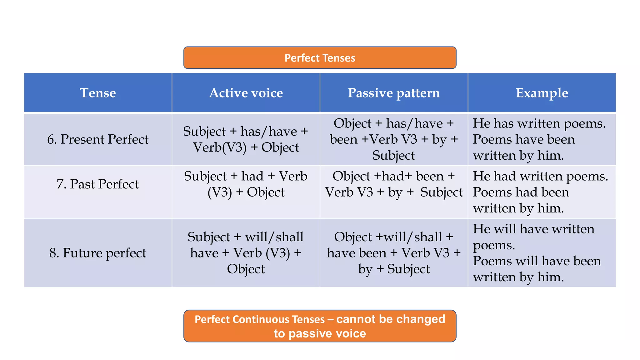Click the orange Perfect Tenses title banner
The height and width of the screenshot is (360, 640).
pyautogui.click(x=320, y=58)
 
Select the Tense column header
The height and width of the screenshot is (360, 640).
pyautogui.click(x=98, y=93)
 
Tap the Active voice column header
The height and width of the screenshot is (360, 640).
pyautogui.click(x=246, y=93)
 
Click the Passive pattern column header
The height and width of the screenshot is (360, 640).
pyautogui.click(x=394, y=93)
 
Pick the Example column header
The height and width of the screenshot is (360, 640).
pyautogui.click(x=542, y=93)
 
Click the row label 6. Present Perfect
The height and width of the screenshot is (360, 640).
pyautogui.click(x=98, y=139)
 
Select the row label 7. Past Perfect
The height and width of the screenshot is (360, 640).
pyautogui.click(x=98, y=184)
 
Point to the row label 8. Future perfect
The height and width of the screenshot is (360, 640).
pyautogui.click(x=98, y=253)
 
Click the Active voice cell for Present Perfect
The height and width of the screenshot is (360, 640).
pyautogui.click(x=246, y=139)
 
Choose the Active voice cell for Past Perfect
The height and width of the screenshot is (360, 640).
pyautogui.click(x=246, y=184)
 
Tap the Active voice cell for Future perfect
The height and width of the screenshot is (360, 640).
pyautogui.click(x=246, y=253)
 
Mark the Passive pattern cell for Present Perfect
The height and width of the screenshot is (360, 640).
pyautogui.click(x=394, y=139)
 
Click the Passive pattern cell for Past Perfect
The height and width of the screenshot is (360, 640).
pyautogui.click(x=394, y=184)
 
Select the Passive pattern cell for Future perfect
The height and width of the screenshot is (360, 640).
pyautogui.click(x=394, y=253)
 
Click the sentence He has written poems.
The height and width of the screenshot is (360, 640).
pyautogui.click(x=539, y=123)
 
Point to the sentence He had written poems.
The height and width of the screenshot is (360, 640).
pyautogui.click(x=540, y=176)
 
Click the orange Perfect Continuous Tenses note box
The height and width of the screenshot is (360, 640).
pyautogui.click(x=320, y=326)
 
